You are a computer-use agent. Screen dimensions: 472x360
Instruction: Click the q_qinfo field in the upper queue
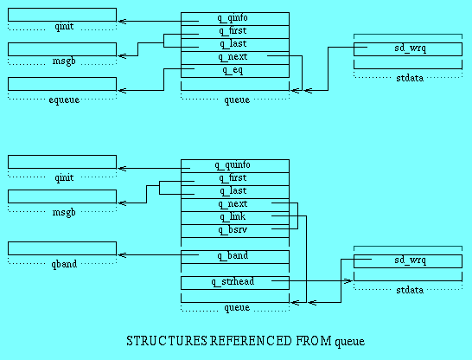click(x=233, y=18)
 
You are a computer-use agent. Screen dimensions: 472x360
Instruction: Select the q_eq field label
click(x=233, y=70)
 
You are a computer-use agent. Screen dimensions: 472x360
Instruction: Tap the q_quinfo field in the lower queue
click(x=233, y=165)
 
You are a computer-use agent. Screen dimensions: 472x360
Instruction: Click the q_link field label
click(x=233, y=217)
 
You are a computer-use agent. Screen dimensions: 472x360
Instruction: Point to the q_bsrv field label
click(x=233, y=230)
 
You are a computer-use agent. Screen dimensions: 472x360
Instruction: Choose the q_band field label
click(x=233, y=256)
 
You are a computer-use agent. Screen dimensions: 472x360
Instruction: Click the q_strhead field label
click(x=233, y=282)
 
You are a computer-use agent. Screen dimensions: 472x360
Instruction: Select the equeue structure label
click(x=64, y=100)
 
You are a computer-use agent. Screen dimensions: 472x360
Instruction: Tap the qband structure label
click(x=64, y=264)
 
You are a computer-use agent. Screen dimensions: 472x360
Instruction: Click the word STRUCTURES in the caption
click(x=167, y=341)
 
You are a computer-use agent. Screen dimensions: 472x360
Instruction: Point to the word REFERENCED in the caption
click(x=251, y=341)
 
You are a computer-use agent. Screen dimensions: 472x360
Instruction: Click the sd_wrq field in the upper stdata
click(x=411, y=48)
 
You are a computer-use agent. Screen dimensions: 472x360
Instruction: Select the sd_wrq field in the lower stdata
click(x=411, y=260)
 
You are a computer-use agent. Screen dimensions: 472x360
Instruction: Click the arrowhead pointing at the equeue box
click(x=121, y=90)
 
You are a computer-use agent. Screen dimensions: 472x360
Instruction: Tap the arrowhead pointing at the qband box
click(x=121, y=255)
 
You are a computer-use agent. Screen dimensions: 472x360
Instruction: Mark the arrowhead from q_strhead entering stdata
click(x=348, y=281)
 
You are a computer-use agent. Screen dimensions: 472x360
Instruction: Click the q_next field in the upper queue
click(x=233, y=57)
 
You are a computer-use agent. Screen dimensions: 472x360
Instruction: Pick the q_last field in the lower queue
click(x=233, y=191)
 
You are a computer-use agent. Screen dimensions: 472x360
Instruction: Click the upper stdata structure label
click(x=410, y=79)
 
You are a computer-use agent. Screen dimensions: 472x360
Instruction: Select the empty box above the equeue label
click(x=62, y=84)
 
